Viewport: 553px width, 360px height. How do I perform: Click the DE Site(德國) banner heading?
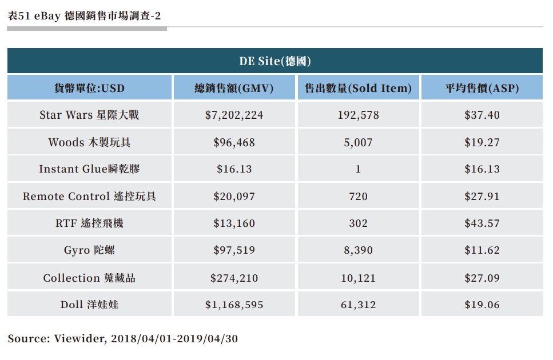(275, 61)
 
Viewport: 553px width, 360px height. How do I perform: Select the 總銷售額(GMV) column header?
(234, 88)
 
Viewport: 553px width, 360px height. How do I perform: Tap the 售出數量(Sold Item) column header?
(358, 88)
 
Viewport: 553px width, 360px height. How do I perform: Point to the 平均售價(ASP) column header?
(482, 88)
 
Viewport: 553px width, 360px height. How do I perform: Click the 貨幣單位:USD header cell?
(89, 88)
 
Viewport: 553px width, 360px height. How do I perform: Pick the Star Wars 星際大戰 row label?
(89, 115)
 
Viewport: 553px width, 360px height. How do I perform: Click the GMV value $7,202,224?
(234, 115)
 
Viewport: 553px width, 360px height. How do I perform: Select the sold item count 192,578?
(358, 115)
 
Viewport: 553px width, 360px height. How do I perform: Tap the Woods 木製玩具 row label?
(89, 142)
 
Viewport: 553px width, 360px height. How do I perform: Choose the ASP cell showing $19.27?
(482, 142)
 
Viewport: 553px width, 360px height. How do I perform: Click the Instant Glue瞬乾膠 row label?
(89, 169)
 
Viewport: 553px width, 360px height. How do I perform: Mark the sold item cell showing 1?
(358, 169)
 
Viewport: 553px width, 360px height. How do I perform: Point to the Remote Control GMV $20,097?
(234, 196)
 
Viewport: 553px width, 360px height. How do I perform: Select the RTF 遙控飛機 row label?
(89, 223)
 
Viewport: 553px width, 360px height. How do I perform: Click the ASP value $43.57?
(482, 223)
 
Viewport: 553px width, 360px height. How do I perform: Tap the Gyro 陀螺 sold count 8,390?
(358, 250)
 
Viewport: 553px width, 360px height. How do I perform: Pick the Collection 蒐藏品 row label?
(89, 278)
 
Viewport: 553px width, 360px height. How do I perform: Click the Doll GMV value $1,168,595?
(234, 305)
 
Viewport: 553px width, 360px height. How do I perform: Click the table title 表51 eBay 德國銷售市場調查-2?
(84, 15)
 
